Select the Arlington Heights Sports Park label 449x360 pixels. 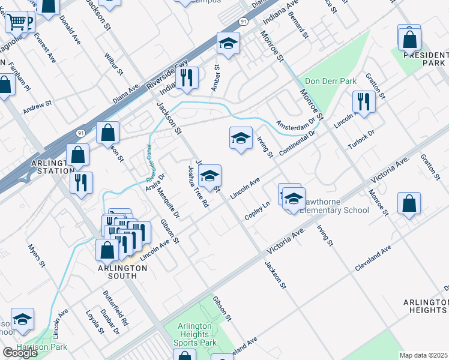[196, 334]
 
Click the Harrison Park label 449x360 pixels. [42, 347]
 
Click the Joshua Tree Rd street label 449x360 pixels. [198, 187]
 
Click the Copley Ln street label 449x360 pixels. [258, 211]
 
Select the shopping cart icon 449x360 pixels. [17, 22]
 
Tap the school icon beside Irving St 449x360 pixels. [241, 139]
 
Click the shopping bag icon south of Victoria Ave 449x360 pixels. [408, 204]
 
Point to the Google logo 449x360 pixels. [20, 353]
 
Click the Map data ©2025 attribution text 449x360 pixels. [424, 355]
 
